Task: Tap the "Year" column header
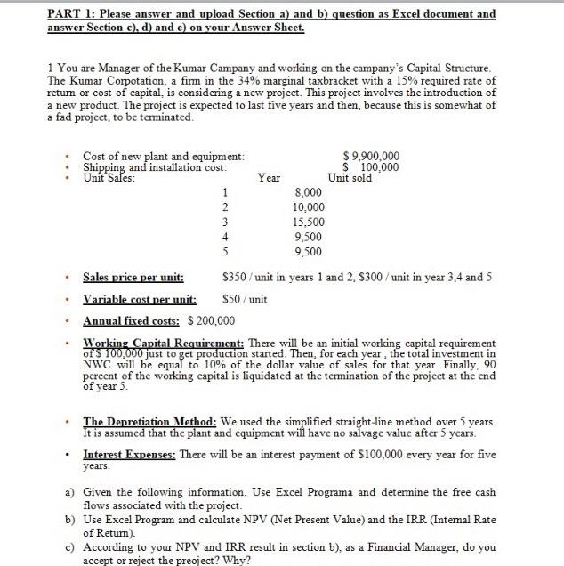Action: [269, 177]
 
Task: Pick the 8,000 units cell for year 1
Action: [308, 191]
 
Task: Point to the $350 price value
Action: [234, 278]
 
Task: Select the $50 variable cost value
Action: [232, 300]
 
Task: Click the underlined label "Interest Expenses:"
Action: [130, 454]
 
